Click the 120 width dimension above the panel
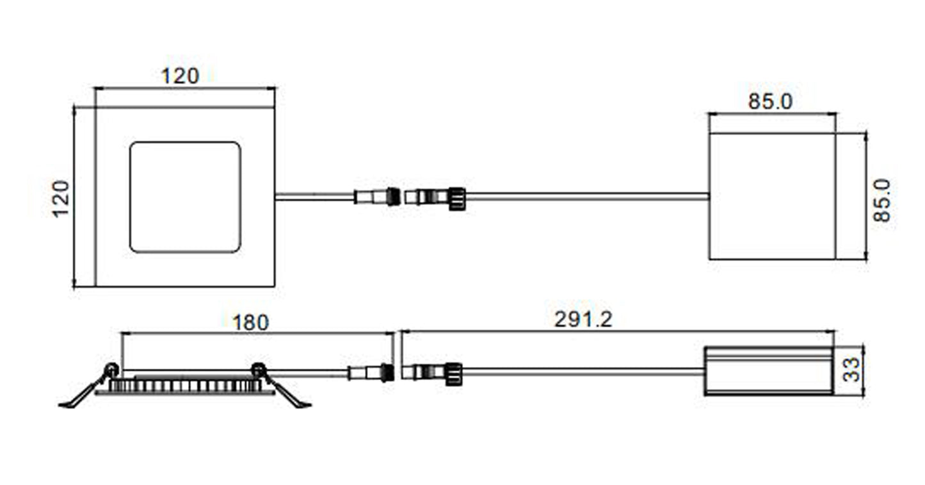click(x=180, y=76)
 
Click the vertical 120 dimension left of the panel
click(x=61, y=199)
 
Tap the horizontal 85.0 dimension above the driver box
click(x=771, y=102)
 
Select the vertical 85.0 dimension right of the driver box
click(x=882, y=201)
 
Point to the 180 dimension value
click(x=251, y=323)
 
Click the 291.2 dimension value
click(x=583, y=319)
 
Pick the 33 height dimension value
click(x=851, y=369)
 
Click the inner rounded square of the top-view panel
click(x=185, y=197)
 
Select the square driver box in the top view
click(x=772, y=197)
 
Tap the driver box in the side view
click(x=769, y=371)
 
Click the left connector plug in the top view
click(x=377, y=197)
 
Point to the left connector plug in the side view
click(x=371, y=372)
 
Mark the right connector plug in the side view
click(x=432, y=374)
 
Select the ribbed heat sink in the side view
click(x=185, y=385)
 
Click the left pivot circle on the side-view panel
click(x=111, y=369)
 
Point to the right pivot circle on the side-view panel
click(x=259, y=369)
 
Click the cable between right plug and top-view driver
click(x=588, y=197)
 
